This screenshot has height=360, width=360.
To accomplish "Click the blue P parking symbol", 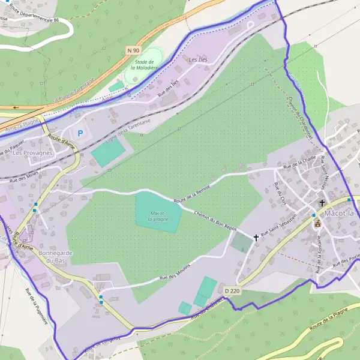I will coord(79,133).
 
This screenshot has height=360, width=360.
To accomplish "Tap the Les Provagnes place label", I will coord(32,153).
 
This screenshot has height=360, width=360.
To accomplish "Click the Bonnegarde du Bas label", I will coord(55,257).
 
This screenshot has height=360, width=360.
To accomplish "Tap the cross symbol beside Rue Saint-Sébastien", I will coord(256,238).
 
